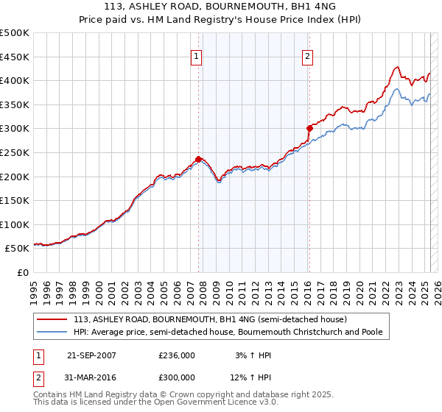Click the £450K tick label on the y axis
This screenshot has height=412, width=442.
pyautogui.click(x=15, y=57)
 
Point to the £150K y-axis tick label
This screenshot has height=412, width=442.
pyautogui.click(x=15, y=200)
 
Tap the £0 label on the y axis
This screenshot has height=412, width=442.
pyautogui.click(x=22, y=272)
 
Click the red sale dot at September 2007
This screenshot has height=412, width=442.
pyautogui.click(x=198, y=159)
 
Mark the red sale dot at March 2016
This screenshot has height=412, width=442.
pyautogui.click(x=309, y=128)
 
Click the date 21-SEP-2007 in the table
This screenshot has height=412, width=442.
pyautogui.click(x=91, y=355)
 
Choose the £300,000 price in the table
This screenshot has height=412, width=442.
pyautogui.click(x=177, y=377)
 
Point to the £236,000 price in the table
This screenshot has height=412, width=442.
pyautogui.click(x=177, y=355)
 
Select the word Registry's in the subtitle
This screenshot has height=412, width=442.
pyautogui.click(x=234, y=21)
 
